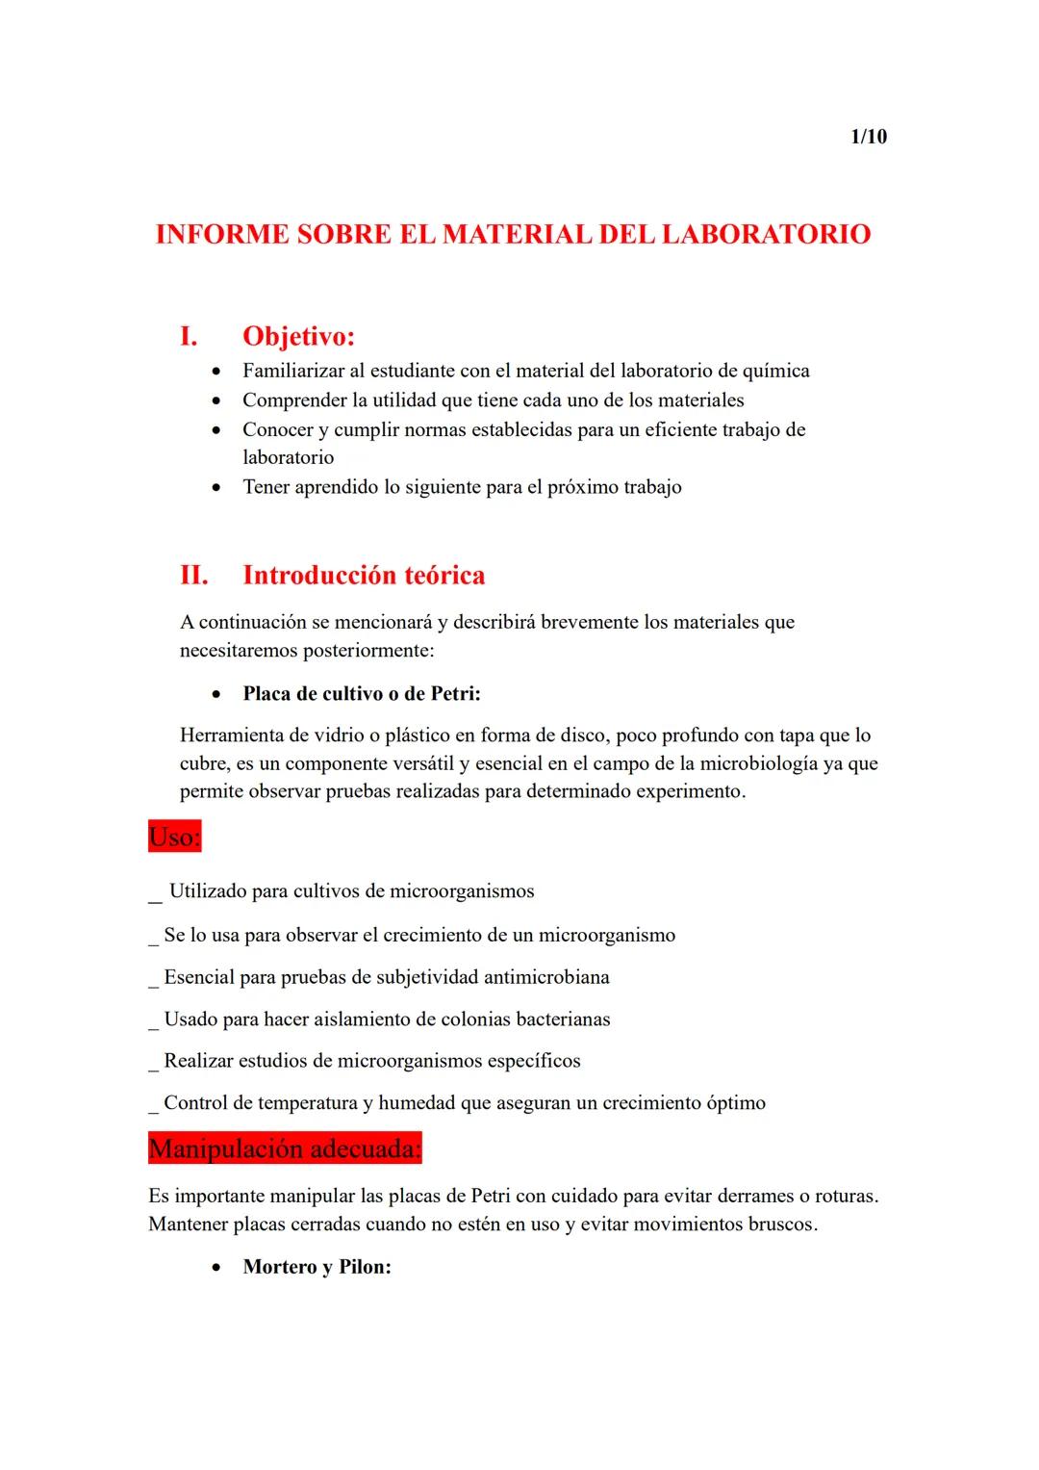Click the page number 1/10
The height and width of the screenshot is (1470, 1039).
click(869, 137)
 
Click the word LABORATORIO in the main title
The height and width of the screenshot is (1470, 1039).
click(766, 234)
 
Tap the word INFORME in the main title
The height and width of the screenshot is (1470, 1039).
click(221, 234)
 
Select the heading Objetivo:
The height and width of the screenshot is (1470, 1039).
click(298, 336)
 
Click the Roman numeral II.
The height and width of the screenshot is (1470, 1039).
click(193, 575)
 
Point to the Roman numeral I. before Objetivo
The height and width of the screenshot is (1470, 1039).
click(189, 336)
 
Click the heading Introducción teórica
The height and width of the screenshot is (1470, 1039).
click(364, 575)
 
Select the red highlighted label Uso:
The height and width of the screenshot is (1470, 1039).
click(175, 837)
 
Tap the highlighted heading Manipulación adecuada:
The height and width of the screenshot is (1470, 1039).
click(285, 1148)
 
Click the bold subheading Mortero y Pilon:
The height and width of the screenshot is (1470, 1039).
click(317, 1267)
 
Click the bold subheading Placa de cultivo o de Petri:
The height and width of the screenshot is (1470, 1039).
click(361, 693)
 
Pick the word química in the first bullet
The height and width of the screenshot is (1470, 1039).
click(775, 371)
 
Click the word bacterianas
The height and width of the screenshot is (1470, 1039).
click(563, 1019)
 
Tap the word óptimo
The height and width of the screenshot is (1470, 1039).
click(736, 1102)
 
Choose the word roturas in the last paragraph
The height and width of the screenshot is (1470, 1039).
click(846, 1196)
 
